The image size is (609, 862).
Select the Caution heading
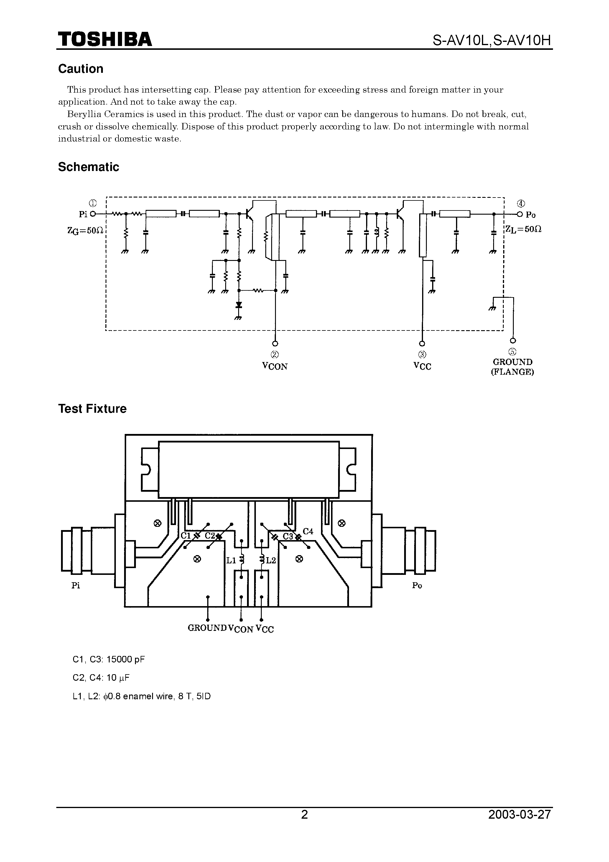pos(80,69)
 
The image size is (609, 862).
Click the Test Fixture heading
pos(92,409)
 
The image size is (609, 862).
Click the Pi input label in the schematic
pos(83,214)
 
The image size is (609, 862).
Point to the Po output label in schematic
pos(530,215)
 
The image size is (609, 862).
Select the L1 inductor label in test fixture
pos(231,560)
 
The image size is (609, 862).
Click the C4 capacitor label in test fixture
pos(308,531)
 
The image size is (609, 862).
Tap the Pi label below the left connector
pos(76,586)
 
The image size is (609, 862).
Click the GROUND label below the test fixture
pos(207,628)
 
